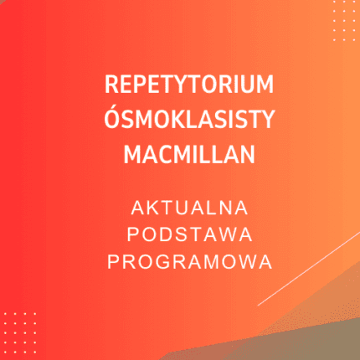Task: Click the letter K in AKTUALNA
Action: click(149, 205)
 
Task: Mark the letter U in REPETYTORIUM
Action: click(249, 87)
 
